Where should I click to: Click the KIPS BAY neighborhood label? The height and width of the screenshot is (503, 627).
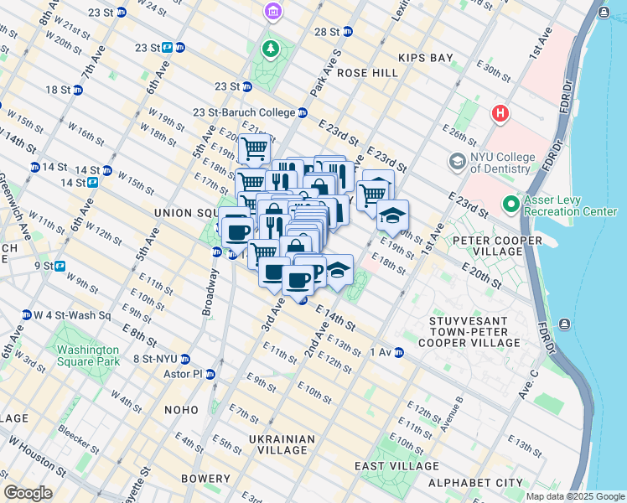427,59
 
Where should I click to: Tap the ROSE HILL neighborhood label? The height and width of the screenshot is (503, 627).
368,73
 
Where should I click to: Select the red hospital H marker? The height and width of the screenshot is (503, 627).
501,113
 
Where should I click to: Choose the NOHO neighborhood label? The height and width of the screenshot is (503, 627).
181,410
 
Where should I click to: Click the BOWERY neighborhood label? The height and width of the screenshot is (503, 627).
205,479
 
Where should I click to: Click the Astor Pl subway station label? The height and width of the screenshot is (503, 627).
186,374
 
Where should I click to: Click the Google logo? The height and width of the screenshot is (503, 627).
28,493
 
